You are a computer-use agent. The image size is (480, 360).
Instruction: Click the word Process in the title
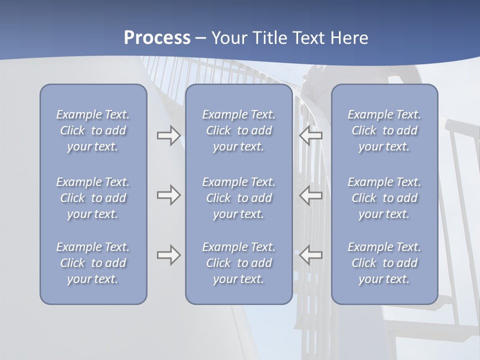[157, 37]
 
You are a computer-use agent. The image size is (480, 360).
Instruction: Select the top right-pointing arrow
[168, 135]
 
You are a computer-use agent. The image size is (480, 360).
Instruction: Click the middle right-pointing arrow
[168, 195]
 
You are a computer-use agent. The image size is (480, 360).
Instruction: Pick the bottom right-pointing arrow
[168, 255]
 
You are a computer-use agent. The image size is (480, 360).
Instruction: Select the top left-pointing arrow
[310, 135]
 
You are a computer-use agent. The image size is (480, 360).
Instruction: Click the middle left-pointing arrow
[310, 195]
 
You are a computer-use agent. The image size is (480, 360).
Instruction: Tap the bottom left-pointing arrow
[310, 255]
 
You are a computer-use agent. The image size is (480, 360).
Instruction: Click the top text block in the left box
[93, 130]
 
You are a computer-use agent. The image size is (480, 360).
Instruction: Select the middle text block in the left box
[93, 198]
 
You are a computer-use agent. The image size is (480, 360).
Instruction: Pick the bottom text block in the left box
[93, 263]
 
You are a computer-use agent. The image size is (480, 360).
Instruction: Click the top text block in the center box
[238, 130]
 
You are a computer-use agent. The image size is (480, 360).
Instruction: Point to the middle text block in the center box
[238, 198]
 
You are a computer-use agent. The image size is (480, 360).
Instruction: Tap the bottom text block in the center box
[238, 263]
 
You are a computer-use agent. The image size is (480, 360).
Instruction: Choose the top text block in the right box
[384, 130]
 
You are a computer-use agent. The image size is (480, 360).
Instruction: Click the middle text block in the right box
[384, 198]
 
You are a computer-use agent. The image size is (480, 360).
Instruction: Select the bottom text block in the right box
[384, 263]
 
